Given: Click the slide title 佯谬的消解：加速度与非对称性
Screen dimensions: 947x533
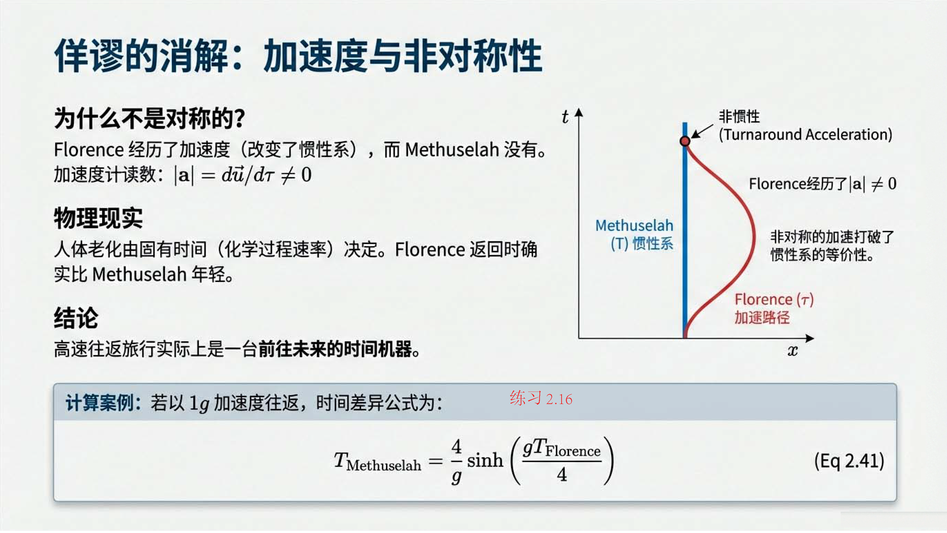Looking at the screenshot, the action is pos(298,56).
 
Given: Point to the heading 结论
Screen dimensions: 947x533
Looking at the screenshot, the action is pos(76,318).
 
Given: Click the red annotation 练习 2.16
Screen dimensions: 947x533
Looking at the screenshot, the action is pos(541,398).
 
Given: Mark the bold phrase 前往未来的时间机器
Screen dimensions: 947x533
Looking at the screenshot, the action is pos(335,349).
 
